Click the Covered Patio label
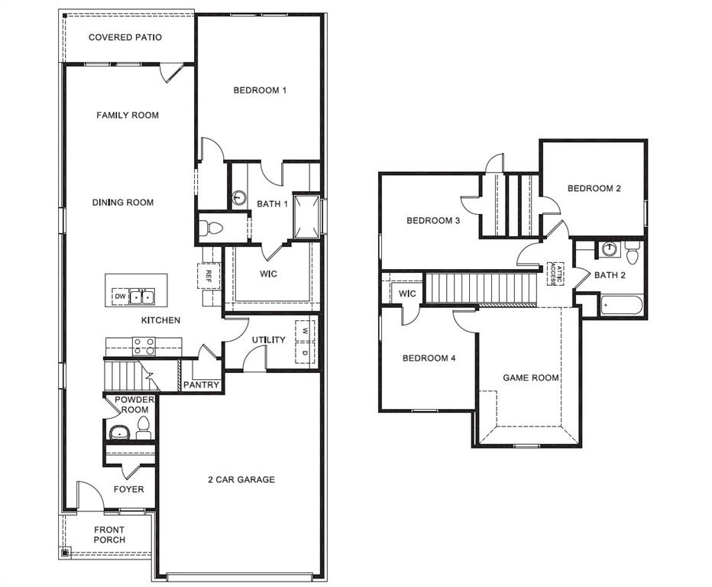(125, 37)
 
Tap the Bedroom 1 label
(260, 90)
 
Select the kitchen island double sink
(141, 297)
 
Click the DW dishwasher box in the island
(120, 297)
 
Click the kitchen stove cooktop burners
(144, 347)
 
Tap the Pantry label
(202, 385)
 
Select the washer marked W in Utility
(305, 331)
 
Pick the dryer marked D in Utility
(305, 353)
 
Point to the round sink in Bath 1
(239, 198)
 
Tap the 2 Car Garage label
(241, 480)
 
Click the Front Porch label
(109, 535)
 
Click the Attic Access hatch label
(555, 273)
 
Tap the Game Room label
(530, 378)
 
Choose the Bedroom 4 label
(429, 358)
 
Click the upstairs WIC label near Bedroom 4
(406, 293)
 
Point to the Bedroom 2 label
(594, 189)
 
